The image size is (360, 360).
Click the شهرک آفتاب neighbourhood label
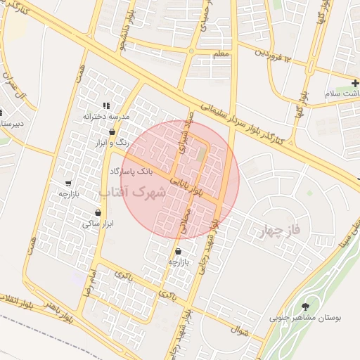tap(132, 191)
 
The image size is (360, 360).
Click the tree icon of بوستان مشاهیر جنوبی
tap(305, 307)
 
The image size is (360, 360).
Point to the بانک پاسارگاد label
tap(131, 171)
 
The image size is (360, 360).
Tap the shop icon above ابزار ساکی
tap(97, 213)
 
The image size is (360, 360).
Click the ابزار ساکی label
tap(97, 224)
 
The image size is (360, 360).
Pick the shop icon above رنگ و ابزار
tap(112, 131)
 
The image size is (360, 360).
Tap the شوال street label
tap(240, 329)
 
